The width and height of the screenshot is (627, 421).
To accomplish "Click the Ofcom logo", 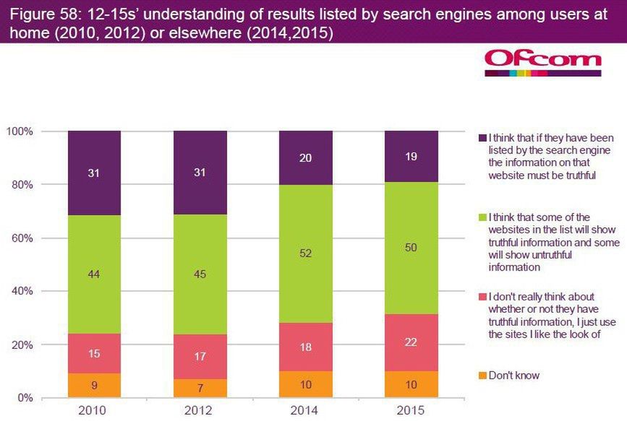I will [x=543, y=62].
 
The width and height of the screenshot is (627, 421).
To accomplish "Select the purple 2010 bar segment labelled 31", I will [x=94, y=173].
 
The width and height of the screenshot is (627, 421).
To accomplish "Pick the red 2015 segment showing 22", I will [x=411, y=343].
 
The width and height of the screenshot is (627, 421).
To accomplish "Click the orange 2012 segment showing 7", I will [x=200, y=389].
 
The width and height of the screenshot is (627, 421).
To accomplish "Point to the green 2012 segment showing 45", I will [x=200, y=274].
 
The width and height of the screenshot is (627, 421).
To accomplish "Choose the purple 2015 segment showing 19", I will [x=411, y=157].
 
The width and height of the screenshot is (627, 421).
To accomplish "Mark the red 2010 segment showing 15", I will [x=94, y=354].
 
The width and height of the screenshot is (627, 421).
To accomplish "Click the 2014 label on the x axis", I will [x=306, y=410].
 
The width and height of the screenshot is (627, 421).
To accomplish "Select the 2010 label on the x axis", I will [x=94, y=410].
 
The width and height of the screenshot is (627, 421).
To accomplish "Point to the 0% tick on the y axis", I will [x=24, y=398].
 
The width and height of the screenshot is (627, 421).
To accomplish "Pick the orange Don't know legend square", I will [x=482, y=376].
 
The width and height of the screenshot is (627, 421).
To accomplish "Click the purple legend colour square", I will [x=482, y=136].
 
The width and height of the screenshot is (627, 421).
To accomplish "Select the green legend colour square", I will [x=482, y=216].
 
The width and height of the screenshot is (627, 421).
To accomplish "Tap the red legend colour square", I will [x=482, y=295].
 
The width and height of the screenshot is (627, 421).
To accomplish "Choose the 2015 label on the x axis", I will [x=411, y=410].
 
